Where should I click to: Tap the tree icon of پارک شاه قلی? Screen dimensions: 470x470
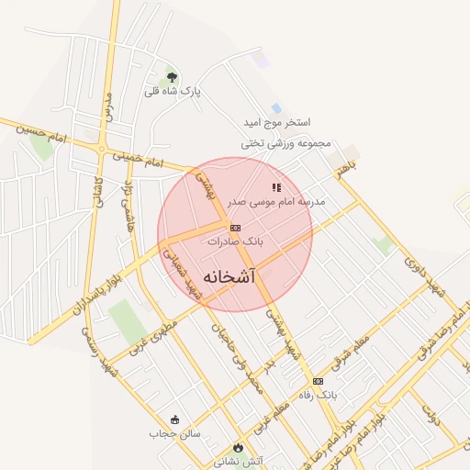[172, 78]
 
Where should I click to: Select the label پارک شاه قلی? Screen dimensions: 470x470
[172, 92]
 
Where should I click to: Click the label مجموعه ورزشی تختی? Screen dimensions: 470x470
[285, 143]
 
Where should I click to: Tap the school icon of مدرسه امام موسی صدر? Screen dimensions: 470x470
[276, 187]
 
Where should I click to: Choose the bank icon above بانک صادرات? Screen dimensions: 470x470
[235, 227]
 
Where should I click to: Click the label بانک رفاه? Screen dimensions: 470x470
[319, 395]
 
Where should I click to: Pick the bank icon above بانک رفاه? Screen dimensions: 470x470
[319, 380]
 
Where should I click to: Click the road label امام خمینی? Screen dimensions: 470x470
[138, 159]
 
